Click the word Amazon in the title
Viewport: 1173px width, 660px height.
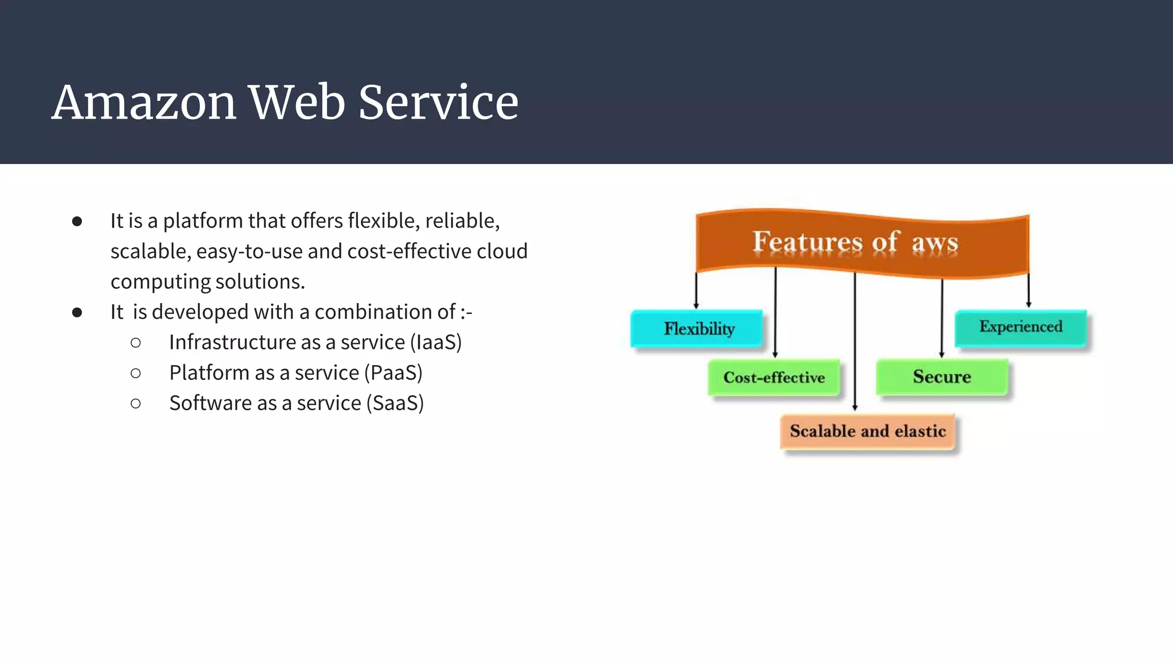click(144, 103)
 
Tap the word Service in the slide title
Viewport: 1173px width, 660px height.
click(438, 103)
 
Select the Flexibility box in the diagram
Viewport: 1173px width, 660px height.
click(697, 329)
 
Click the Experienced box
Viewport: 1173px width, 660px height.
click(1021, 327)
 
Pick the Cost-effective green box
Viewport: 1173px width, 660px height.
click(774, 378)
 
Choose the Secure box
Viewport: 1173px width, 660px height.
click(942, 377)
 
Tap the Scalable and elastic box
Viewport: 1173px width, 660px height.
click(868, 431)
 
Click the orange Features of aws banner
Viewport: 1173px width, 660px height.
click(862, 242)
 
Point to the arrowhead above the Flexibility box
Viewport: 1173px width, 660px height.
click(696, 306)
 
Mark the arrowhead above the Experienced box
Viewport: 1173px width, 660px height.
click(1029, 304)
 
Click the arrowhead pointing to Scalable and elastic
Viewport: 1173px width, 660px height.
click(855, 407)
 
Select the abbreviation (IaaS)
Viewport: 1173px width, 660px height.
click(436, 343)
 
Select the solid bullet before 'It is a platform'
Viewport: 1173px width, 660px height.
click(77, 222)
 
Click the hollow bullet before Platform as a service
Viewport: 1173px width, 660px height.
click(136, 374)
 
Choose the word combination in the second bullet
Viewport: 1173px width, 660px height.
click(384, 312)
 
